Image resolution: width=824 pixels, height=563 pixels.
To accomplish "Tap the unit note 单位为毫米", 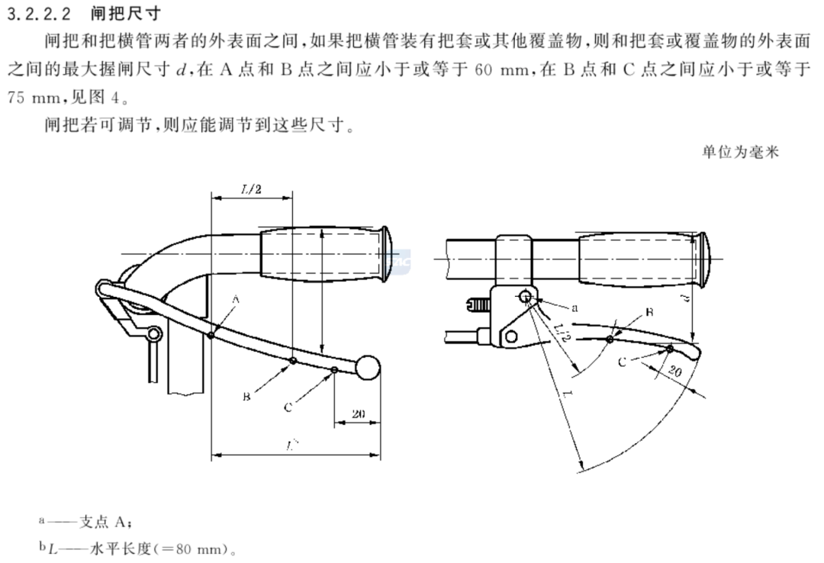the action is point(740,152).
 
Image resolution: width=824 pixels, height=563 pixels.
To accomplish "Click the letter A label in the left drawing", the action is point(235,301).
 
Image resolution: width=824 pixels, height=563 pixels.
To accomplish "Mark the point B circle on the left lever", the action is point(293,361).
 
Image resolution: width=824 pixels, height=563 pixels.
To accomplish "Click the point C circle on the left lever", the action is point(335,371).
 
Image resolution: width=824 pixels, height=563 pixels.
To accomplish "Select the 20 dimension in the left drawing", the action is point(357,414).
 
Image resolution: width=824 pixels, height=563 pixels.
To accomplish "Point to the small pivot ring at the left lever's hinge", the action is point(153,333).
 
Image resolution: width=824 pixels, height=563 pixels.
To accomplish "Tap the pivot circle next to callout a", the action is point(526,297).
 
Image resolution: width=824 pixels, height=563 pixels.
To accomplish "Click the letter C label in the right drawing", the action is point(622,362).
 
